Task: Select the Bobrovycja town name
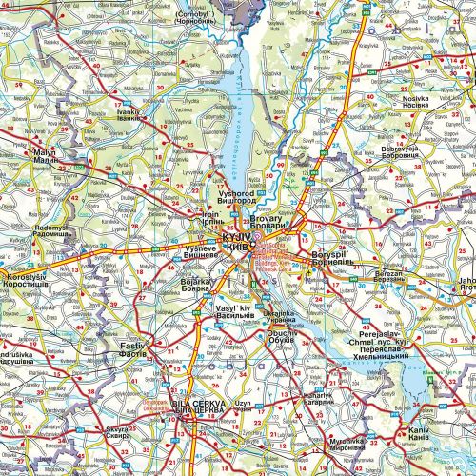tap(399, 152)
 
